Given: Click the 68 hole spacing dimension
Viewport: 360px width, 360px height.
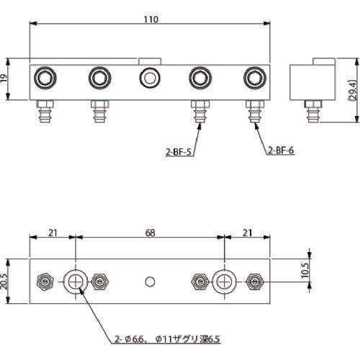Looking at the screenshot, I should click(150, 234).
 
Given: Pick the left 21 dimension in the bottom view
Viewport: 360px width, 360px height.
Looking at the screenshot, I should click(52, 234).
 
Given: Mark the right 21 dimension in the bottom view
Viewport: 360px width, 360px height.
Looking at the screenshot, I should click(247, 234).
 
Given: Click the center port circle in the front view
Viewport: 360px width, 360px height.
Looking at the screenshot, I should click(149, 76).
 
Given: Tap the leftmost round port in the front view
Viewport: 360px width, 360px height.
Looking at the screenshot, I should click(45, 76).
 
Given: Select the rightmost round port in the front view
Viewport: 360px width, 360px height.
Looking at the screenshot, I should click(254, 76).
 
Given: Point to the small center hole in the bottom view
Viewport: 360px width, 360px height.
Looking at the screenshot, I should click(150, 280).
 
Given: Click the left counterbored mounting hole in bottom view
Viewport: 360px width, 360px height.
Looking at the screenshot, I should click(75, 280).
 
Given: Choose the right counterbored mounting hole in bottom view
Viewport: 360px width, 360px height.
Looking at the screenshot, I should click(225, 280).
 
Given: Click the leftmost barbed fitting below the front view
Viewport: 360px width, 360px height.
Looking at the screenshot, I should click(45, 112).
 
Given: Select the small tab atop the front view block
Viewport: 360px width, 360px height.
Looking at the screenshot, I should click(149, 61).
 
